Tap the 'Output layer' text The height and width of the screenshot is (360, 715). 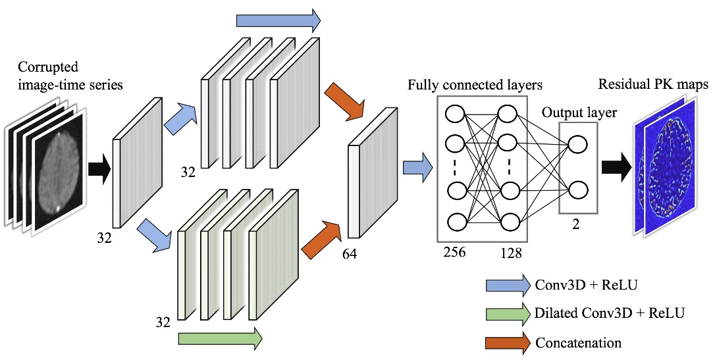click(x=579, y=113)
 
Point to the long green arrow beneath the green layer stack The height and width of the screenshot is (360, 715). click(x=220, y=338)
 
